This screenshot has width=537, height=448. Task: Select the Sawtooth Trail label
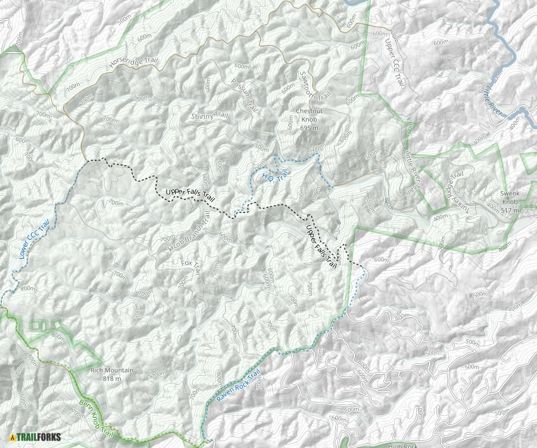pyautogui.click(x=315, y=85)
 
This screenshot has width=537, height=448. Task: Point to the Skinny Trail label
pyautogui.click(x=209, y=116)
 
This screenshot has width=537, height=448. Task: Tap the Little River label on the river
pyautogui.click(x=494, y=97)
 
